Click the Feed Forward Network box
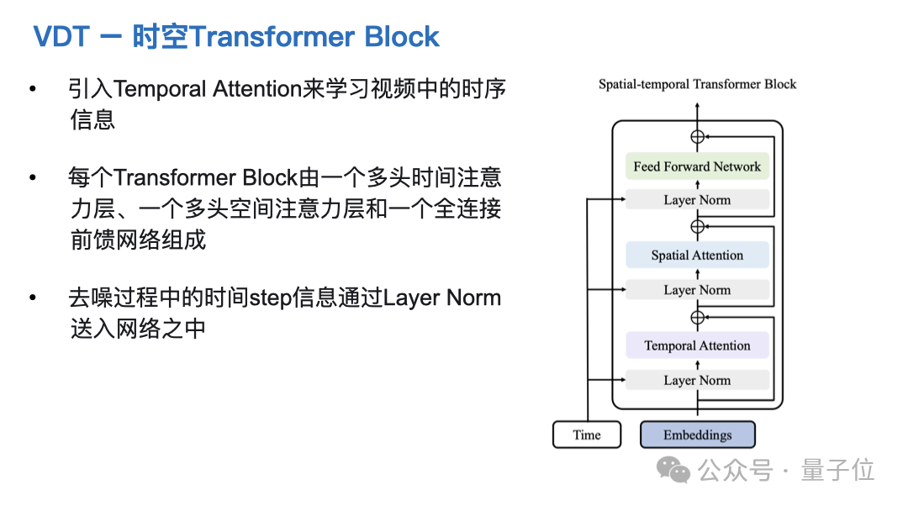tap(697, 166)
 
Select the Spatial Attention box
tap(697, 256)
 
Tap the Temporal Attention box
tap(697, 345)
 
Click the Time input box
tap(587, 435)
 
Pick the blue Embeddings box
tap(697, 435)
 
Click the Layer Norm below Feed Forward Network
tap(697, 200)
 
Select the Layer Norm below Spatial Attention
tap(697, 290)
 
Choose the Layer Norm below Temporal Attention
tap(697, 380)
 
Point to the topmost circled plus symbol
tap(697, 137)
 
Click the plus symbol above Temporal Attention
tap(697, 317)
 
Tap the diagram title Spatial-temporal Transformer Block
tap(697, 84)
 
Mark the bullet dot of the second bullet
tap(33, 177)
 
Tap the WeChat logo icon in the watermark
tap(673, 470)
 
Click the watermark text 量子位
tap(837, 470)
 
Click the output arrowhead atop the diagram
tap(697, 108)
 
